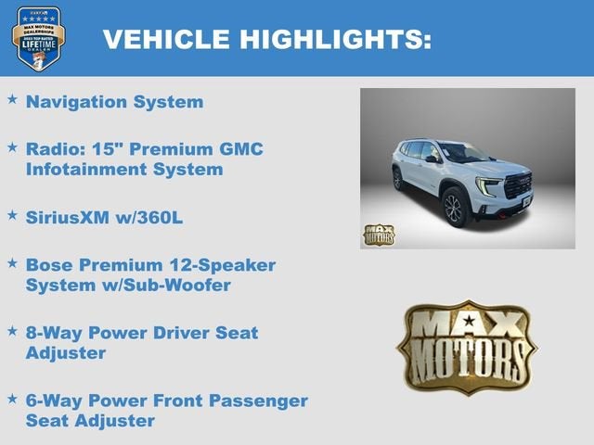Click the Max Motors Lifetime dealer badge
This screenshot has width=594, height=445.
(x=38, y=38)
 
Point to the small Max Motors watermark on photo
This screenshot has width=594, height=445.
(x=378, y=234)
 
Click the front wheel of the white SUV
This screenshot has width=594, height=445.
(x=454, y=208)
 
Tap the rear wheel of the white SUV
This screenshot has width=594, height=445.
(x=398, y=179)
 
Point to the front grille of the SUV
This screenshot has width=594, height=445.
(x=517, y=184)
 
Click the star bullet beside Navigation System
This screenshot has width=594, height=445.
(x=12, y=98)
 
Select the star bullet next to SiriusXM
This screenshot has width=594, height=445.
(x=12, y=214)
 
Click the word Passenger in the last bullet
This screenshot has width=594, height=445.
(x=260, y=400)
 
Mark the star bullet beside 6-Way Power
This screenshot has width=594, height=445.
(x=12, y=398)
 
